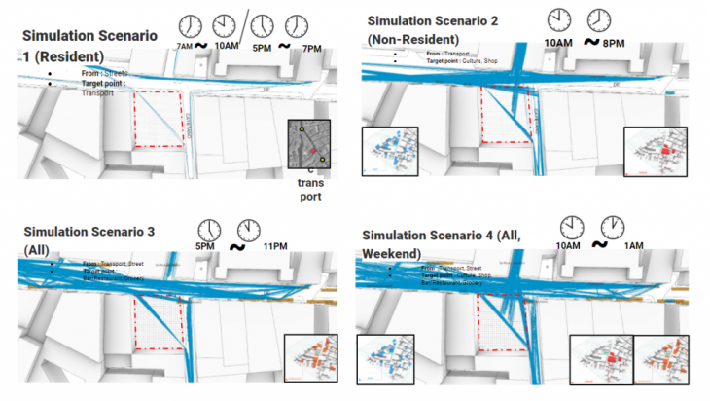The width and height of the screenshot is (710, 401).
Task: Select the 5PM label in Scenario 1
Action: tap(261, 48)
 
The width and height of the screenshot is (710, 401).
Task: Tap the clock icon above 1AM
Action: tap(613, 227)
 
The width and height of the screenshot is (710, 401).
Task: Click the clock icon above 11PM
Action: tap(249, 229)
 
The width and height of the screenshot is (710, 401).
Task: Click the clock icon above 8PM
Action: tap(599, 20)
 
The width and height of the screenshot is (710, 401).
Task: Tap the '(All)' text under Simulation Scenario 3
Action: tap(38, 249)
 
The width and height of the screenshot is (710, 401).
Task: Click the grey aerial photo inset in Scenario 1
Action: tap(309, 147)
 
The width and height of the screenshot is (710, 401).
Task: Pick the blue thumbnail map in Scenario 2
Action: tap(389, 151)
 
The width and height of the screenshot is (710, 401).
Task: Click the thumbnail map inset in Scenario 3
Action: tap(311, 359)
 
